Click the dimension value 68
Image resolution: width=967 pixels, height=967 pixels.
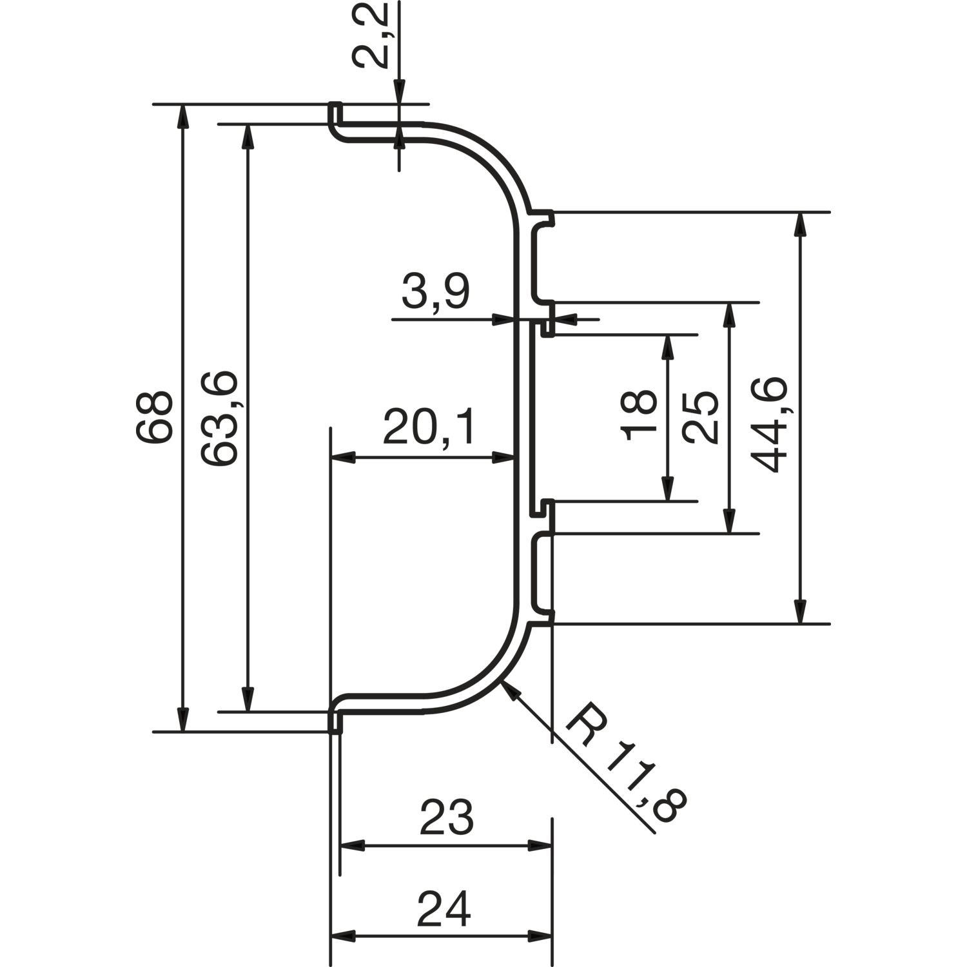pos(155,417)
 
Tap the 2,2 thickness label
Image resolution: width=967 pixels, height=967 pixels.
pos(371,35)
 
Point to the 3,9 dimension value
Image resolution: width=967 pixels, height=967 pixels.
pos(436,293)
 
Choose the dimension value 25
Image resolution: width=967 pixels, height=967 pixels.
pos(701,417)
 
